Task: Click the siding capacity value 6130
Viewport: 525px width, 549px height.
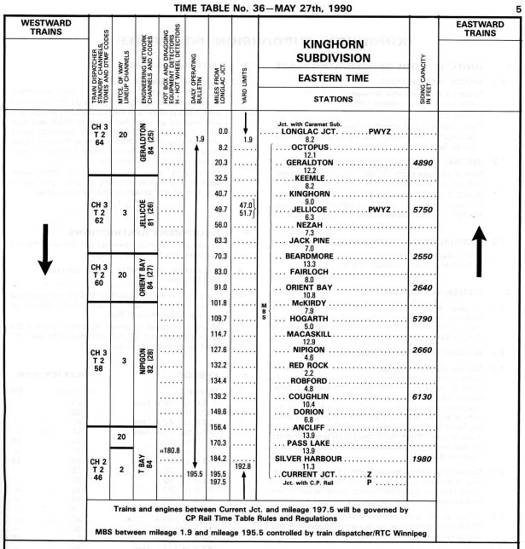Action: pos(424,396)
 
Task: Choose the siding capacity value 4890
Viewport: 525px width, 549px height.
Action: pos(424,162)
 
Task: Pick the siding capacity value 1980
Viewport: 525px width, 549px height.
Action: pos(424,459)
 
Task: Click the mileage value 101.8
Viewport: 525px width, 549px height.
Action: pos(219,303)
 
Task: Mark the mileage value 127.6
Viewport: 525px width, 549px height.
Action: pos(219,350)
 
